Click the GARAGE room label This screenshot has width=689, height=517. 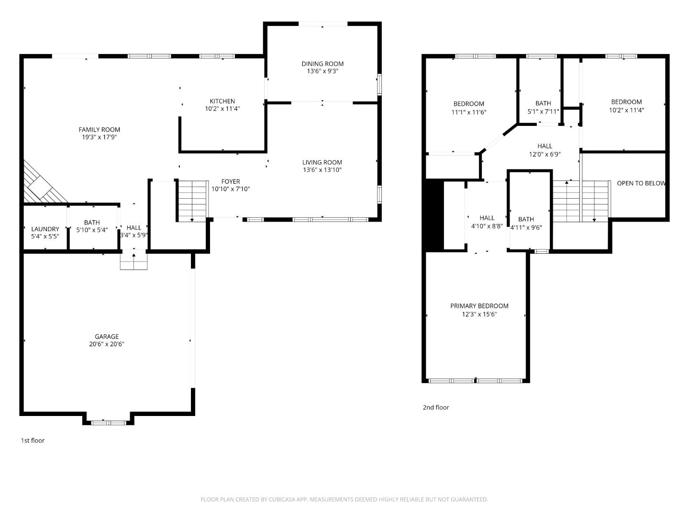pyautogui.click(x=106, y=337)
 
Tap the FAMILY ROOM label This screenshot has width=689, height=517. pyautogui.click(x=99, y=130)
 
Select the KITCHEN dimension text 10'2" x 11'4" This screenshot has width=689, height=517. pyautogui.click(x=222, y=109)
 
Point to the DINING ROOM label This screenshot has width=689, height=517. pyautogui.click(x=322, y=64)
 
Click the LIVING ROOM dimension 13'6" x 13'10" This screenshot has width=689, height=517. pyautogui.click(x=322, y=170)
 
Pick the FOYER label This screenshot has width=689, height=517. pyautogui.click(x=231, y=181)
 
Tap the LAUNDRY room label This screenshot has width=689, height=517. pyautogui.click(x=45, y=229)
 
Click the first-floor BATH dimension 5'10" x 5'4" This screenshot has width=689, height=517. pyautogui.click(x=92, y=230)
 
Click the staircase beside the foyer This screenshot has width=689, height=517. pyautogui.click(x=192, y=201)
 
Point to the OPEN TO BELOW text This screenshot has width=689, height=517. pyautogui.click(x=641, y=183)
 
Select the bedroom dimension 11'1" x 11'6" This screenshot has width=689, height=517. pyautogui.click(x=468, y=112)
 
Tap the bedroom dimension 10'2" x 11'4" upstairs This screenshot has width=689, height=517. pyautogui.click(x=626, y=110)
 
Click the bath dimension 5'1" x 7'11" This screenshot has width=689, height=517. pyautogui.click(x=543, y=112)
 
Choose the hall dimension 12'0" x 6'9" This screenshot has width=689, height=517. pyautogui.click(x=545, y=154)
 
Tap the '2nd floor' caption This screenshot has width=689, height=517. pyautogui.click(x=435, y=407)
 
